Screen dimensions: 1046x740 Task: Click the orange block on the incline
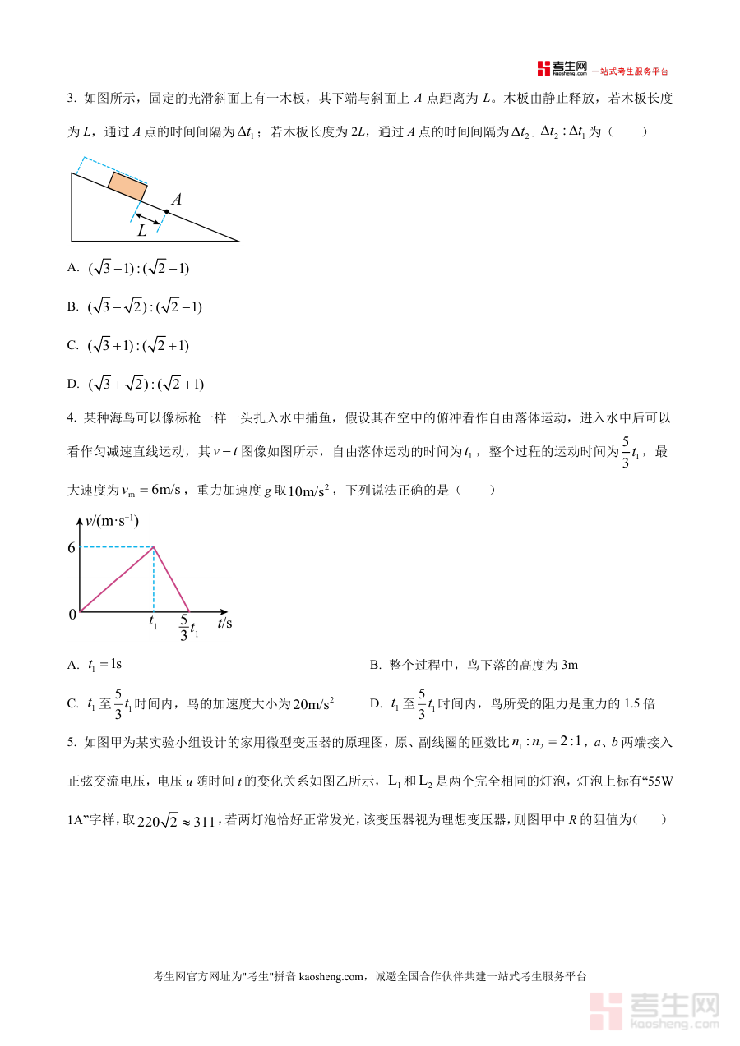pos(127,187)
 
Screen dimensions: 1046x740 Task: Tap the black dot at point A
pos(166,211)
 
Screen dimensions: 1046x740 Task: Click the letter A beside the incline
pos(176,200)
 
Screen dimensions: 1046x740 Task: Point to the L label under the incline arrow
pos(142,231)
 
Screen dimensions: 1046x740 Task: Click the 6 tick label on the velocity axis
pos(72,548)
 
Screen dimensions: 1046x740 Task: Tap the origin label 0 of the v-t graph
pos(72,614)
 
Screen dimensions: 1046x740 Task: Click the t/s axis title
pos(224,624)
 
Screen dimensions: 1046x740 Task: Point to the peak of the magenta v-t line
pos(154,547)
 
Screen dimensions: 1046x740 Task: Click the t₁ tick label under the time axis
pos(154,623)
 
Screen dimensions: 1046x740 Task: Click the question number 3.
pos(72,99)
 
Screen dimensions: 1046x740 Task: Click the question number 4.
pos(72,418)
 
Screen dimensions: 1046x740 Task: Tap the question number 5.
pos(72,743)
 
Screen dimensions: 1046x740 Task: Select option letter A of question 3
pos(72,267)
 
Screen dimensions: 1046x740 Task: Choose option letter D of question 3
pos(72,383)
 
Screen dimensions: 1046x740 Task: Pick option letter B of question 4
pos(374,665)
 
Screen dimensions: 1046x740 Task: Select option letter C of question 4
pos(72,703)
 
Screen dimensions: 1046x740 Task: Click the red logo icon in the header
pos(543,68)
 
